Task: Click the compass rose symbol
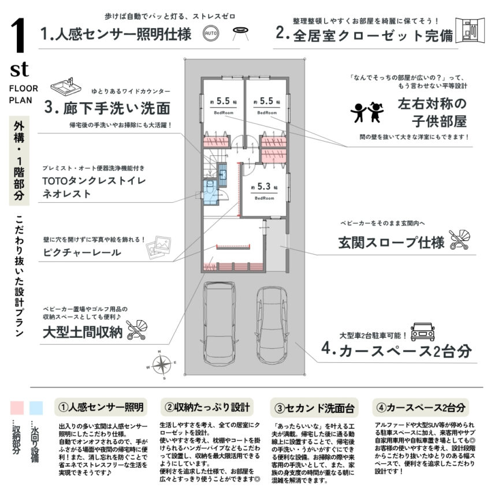click(x=163, y=364)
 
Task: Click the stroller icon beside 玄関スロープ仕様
click(x=459, y=239)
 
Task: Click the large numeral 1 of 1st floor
click(x=19, y=39)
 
